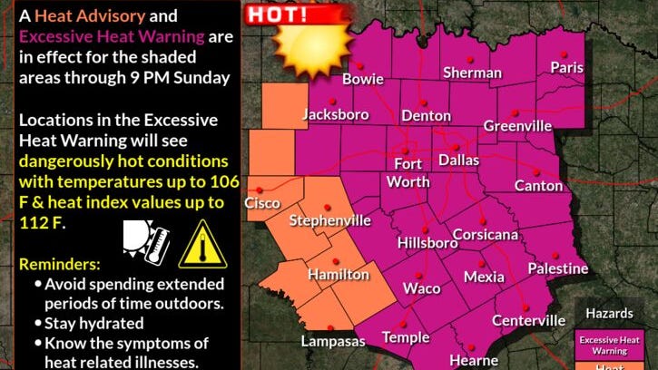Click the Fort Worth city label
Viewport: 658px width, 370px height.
click(408, 172)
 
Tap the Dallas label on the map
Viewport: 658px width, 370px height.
click(458, 161)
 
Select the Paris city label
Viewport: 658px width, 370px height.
click(567, 67)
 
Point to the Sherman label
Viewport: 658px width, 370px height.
click(472, 73)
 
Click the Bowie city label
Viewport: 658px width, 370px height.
click(362, 80)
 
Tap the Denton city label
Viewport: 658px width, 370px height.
click(426, 116)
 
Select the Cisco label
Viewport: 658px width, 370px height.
click(262, 203)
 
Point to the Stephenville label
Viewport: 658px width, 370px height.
click(329, 221)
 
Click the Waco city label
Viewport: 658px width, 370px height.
click(421, 288)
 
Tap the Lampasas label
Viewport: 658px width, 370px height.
click(333, 342)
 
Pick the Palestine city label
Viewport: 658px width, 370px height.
click(557, 269)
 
